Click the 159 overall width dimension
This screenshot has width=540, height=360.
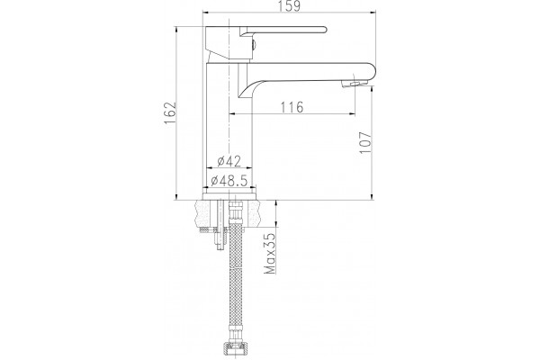click(289, 6)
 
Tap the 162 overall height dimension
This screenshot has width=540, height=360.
click(169, 113)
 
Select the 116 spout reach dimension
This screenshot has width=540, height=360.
click(292, 107)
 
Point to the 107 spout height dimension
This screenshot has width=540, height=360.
click(365, 142)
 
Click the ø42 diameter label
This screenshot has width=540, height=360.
click(229, 161)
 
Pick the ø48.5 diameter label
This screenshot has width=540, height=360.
click(229, 180)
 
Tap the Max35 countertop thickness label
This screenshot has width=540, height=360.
click(270, 254)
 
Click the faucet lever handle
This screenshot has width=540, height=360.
click(283, 31)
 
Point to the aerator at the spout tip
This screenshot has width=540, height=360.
click(355, 84)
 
